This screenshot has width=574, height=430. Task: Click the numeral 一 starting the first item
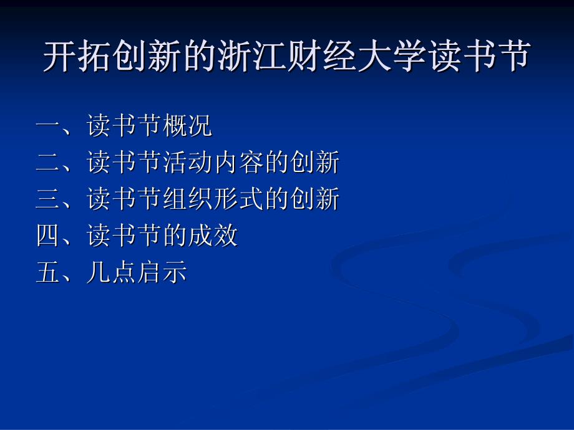point(48,125)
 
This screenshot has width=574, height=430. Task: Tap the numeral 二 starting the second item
point(48,163)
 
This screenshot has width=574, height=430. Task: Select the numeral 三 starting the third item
point(48,199)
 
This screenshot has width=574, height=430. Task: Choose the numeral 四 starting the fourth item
point(48,236)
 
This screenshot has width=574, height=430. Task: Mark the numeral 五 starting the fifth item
point(48,272)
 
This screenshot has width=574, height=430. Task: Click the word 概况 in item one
point(187,125)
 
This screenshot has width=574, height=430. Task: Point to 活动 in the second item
point(187,162)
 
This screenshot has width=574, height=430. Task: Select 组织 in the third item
point(187,199)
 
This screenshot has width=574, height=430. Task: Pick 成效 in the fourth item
point(213,235)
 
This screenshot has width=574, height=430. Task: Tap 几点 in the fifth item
point(111,272)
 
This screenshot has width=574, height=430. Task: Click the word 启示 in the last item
point(162,272)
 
